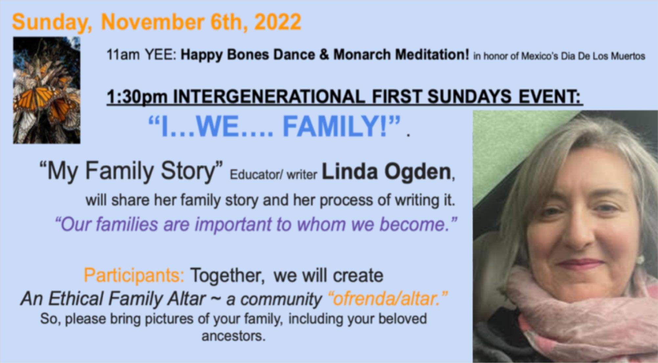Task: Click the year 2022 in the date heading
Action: pos(278,22)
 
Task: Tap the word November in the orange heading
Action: pos(152,22)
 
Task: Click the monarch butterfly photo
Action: pos(47,90)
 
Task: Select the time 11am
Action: pos(123,55)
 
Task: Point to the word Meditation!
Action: pos(432,55)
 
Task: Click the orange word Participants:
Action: pos(134,275)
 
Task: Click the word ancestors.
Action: pos(233,336)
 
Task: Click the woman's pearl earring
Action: pos(640,260)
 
